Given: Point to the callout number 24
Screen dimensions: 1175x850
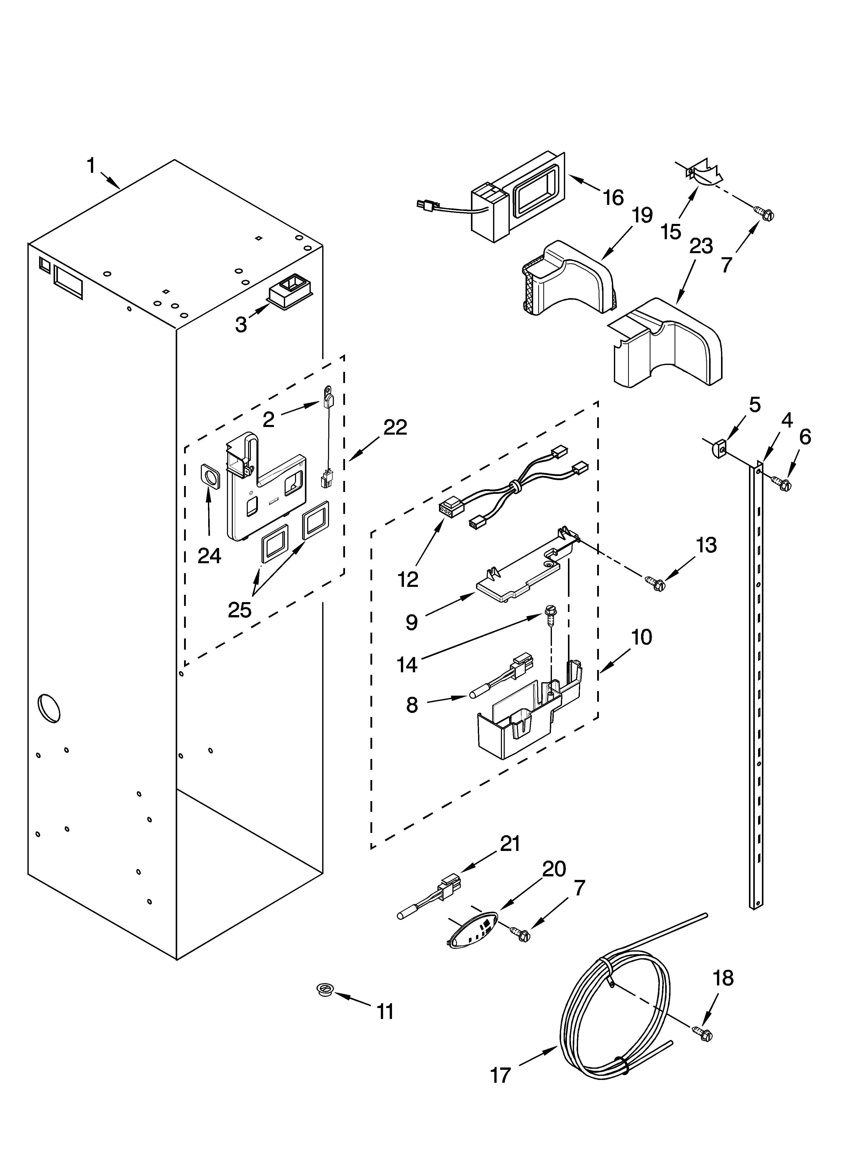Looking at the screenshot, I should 209,556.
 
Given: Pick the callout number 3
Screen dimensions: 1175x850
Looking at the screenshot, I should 241,324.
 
